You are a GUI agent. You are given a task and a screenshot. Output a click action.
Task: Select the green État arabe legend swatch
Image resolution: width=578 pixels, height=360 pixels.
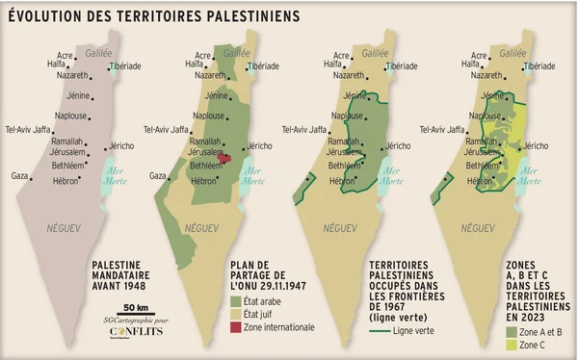[x=236, y=301]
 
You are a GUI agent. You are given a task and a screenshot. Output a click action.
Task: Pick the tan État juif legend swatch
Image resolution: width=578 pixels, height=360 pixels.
[x=236, y=314]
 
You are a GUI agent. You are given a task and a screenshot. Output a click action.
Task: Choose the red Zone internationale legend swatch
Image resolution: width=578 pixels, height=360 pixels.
[x=236, y=327]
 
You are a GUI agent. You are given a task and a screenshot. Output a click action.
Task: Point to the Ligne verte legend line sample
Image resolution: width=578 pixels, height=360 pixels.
[x=382, y=330]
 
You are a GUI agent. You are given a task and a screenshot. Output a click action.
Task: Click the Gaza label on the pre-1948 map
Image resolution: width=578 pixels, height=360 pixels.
[x=19, y=176]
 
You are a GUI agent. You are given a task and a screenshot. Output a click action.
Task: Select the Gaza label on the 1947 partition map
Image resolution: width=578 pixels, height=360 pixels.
[x=159, y=176]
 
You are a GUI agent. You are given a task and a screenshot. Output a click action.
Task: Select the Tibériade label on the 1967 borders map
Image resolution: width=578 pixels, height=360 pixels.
[x=402, y=66]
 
